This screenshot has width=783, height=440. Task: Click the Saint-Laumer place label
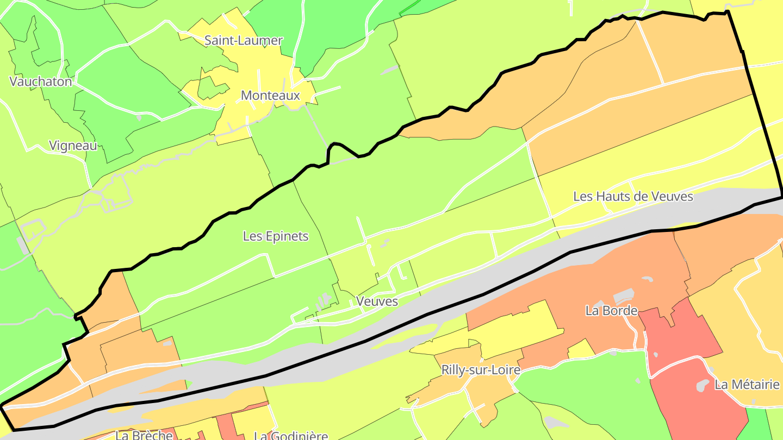click(243, 40)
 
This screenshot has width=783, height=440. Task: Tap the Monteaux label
click(270, 96)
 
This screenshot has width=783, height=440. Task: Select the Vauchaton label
click(41, 81)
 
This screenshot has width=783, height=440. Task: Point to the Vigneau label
click(73, 146)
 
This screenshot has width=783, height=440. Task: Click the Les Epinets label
click(276, 236)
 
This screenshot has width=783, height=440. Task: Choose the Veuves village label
click(377, 301)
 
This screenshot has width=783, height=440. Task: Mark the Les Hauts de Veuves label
click(633, 196)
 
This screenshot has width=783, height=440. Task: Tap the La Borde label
click(611, 311)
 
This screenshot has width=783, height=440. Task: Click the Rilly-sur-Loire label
click(481, 370)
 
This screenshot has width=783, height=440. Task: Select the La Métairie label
click(747, 385)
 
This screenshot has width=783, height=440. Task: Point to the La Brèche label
click(144, 435)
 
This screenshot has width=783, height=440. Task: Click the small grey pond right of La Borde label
click(647, 279)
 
